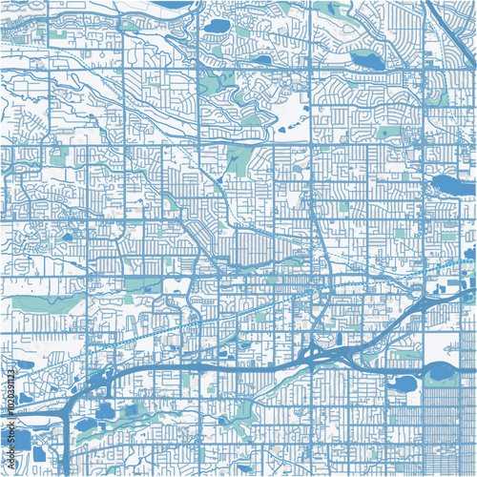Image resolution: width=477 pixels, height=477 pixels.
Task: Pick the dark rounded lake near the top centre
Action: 218,26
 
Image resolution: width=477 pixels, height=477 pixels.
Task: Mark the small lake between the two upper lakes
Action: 260,59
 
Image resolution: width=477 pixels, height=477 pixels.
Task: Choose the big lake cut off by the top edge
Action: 172,4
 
